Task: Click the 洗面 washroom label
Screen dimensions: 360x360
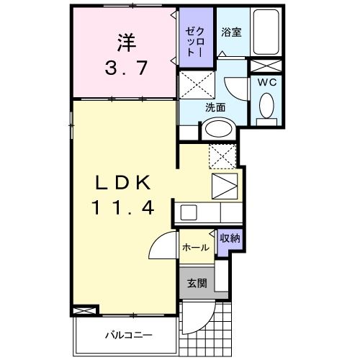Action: [x=215, y=107]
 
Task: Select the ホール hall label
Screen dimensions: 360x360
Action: [x=195, y=248]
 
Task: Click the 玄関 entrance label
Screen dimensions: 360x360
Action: [x=197, y=283]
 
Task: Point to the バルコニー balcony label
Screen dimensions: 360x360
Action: [x=127, y=334]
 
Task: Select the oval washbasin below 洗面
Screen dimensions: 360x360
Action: [x=215, y=130]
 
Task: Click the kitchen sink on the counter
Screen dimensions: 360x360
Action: [x=189, y=213]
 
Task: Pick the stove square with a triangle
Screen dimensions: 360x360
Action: [x=223, y=186]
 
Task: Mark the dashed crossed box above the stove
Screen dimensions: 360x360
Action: [x=223, y=156]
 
